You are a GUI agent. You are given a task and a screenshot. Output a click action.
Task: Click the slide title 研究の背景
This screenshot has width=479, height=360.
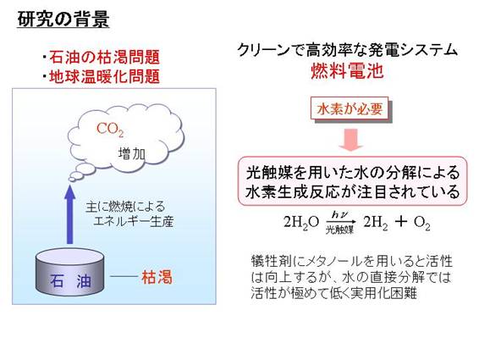click(x=63, y=19)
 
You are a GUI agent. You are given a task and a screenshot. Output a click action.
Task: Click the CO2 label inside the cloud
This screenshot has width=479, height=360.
click(x=110, y=130)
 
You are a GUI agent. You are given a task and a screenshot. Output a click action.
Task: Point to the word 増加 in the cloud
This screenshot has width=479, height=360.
click(x=132, y=153)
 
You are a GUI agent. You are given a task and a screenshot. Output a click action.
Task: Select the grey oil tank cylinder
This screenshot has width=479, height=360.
click(x=70, y=272)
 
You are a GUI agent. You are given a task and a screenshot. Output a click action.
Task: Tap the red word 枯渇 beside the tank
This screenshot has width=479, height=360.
click(x=157, y=278)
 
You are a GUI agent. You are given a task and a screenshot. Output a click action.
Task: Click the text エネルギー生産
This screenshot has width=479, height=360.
click(x=134, y=221)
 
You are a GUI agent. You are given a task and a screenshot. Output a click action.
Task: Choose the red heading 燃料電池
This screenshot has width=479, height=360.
click(x=347, y=71)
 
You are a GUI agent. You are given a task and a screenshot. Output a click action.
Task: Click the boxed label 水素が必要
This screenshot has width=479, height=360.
click(x=350, y=108)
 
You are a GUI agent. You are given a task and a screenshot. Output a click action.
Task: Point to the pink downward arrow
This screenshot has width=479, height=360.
click(x=350, y=140)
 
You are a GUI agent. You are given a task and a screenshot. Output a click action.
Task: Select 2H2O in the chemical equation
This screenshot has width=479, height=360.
click(x=301, y=223)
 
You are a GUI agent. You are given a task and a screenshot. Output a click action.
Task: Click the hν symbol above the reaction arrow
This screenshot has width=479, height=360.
click(x=340, y=215)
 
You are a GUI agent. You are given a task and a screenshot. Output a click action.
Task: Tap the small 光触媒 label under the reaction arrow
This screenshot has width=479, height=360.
click(x=339, y=230)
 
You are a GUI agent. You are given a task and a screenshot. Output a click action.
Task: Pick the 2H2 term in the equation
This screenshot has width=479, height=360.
click(x=376, y=223)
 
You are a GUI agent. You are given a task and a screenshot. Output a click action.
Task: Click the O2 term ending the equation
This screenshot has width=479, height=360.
click(x=422, y=223)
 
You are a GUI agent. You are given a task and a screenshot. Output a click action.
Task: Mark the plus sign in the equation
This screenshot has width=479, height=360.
click(x=401, y=222)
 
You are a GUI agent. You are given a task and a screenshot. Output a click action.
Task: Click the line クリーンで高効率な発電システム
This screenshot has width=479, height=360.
click(x=347, y=50)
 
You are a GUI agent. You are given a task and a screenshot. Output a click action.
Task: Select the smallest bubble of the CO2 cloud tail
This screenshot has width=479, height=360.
click(x=72, y=180)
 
